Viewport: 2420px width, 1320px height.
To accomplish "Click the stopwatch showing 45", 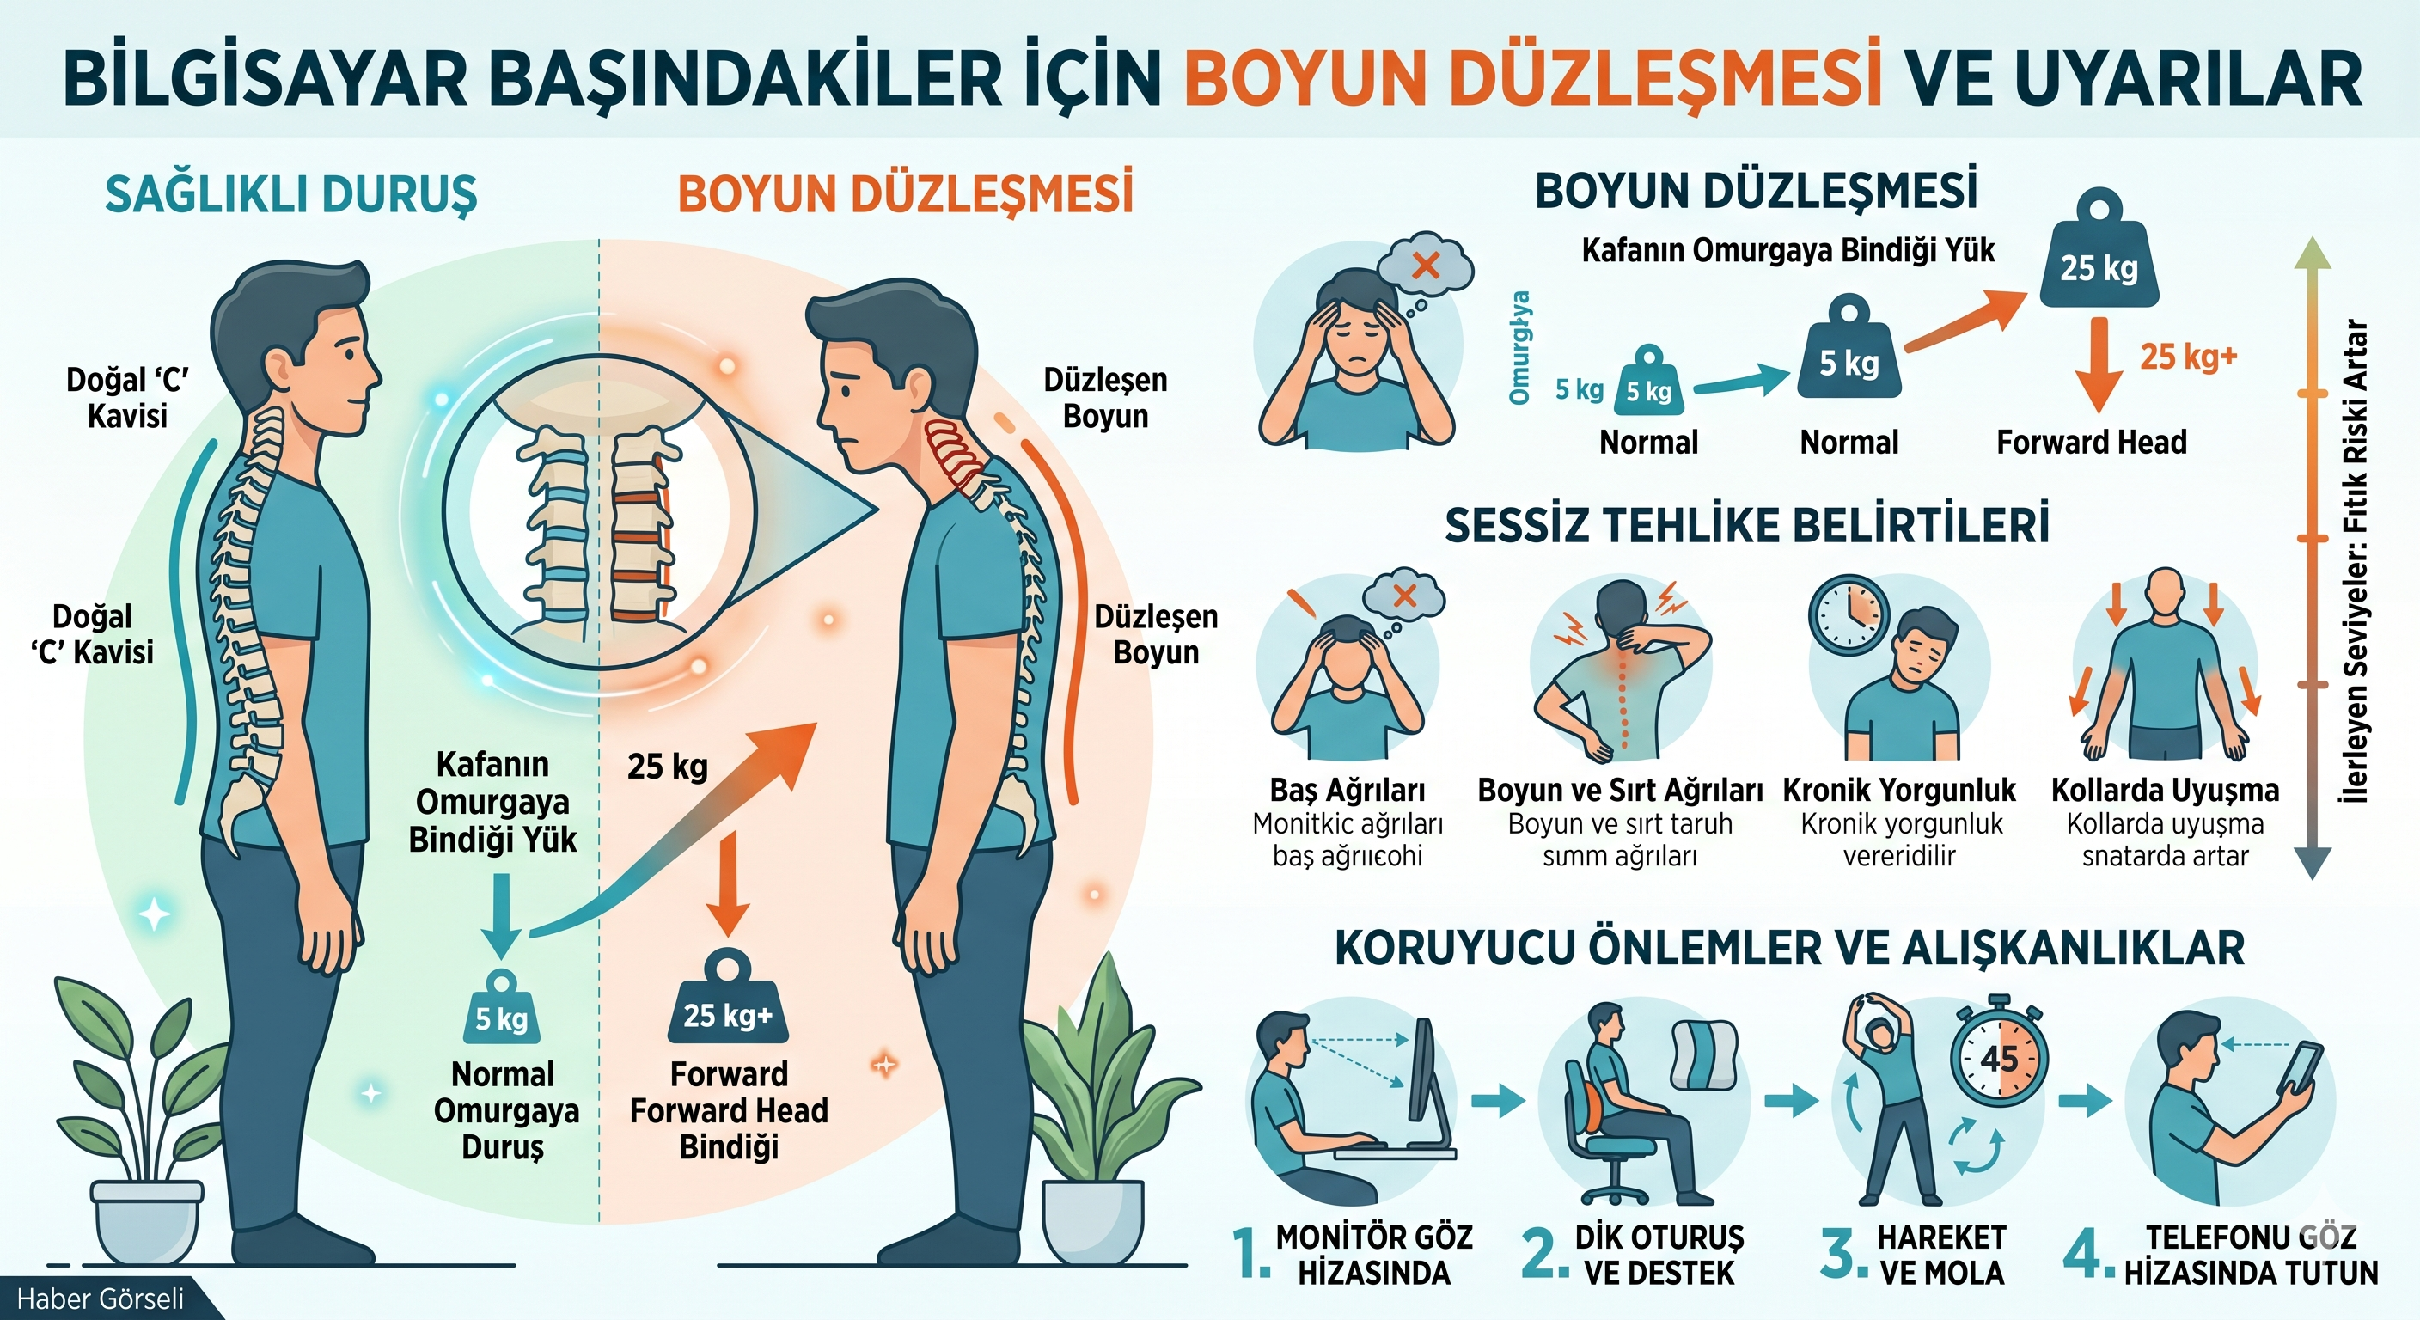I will pos(1999,1059).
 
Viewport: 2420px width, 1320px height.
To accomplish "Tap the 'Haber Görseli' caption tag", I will pos(101,1299).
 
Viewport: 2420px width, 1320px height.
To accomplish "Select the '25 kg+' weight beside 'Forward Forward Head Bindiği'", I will pos(727,1011).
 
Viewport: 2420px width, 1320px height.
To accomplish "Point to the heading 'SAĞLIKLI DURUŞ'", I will pos(291,194).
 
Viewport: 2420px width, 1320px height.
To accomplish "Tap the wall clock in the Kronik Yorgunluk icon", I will pos(1848,614).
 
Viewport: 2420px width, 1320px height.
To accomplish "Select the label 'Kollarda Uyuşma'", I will pos(2165,790).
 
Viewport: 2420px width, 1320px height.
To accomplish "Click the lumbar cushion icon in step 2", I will pos(1702,1057).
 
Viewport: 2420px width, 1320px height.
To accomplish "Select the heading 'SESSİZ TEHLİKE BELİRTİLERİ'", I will pos(1746,525).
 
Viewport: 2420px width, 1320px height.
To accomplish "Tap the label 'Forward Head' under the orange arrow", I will pos(2091,443).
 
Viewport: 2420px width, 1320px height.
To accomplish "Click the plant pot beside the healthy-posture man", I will pos(147,1219).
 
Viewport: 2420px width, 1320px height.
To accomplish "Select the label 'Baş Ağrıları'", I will pos(1347,790).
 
